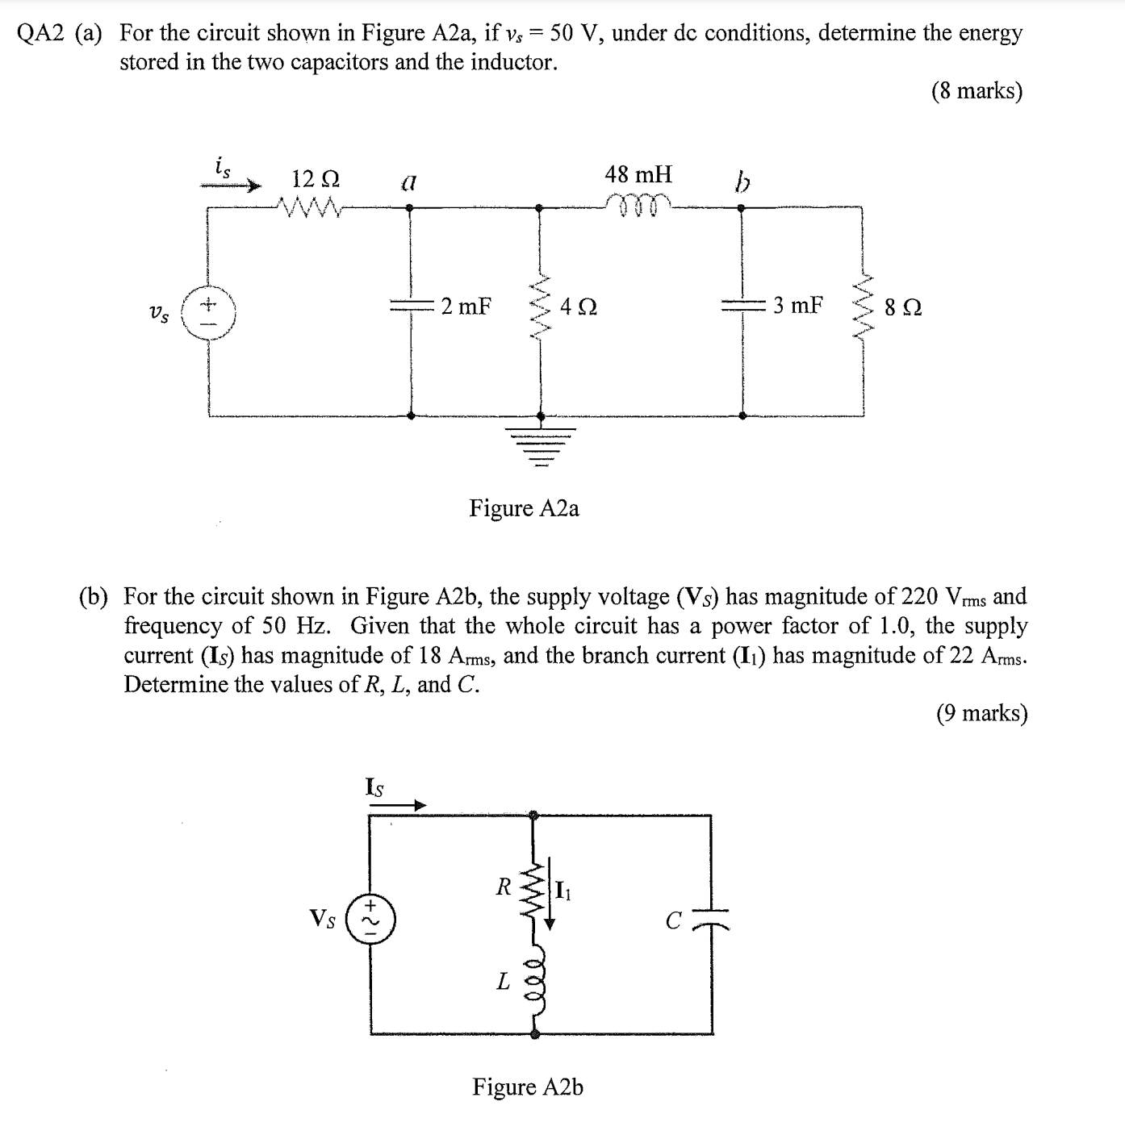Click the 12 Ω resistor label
pos(316,178)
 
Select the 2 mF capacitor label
pos(466,307)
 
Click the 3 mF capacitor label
pos(798,306)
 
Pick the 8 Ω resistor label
pos(902,307)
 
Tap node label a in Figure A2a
pos(408,183)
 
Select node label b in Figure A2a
pos(742,184)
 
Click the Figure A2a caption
pos(524,508)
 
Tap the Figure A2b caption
pos(528,1087)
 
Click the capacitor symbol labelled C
pos(712,920)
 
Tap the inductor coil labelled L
pos(533,979)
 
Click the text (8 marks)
pos(977,91)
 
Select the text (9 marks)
pos(981,713)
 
